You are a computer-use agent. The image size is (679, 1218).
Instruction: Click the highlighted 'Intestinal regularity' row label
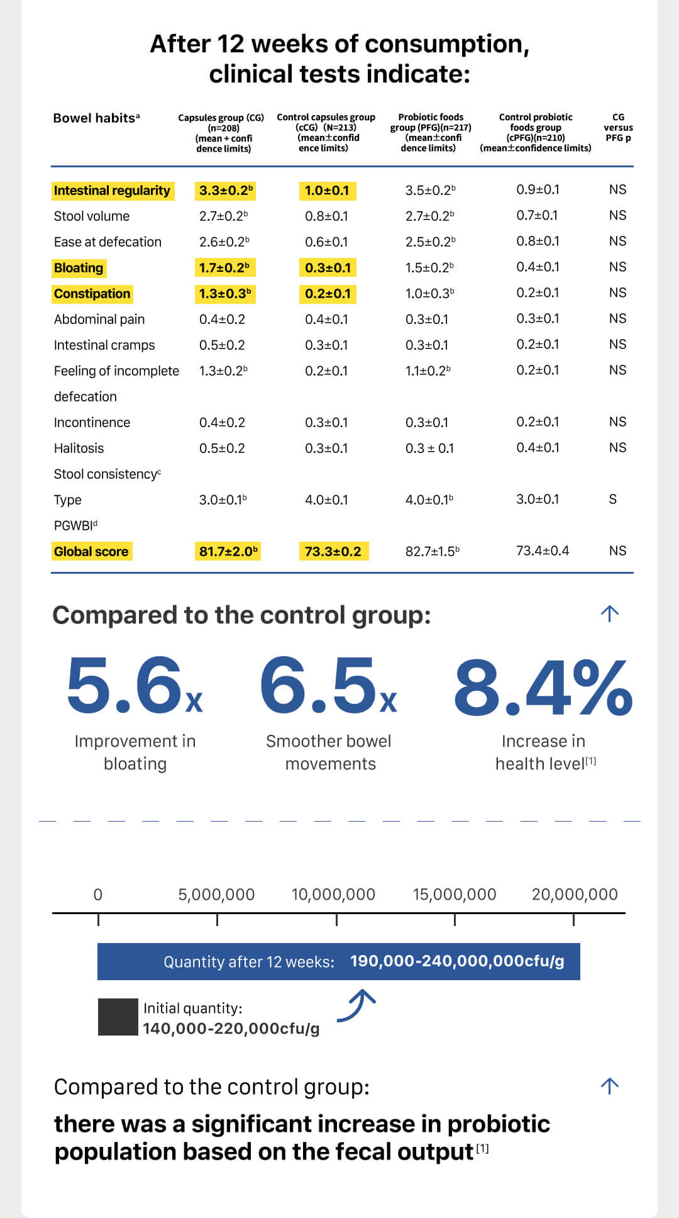112,191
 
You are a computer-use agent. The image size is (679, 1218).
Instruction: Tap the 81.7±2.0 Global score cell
228,552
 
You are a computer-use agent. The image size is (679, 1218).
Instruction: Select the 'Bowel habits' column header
96,118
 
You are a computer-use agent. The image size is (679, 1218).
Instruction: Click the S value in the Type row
612,500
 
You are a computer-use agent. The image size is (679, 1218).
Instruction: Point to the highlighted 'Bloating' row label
79,268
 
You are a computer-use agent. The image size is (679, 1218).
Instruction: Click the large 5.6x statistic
134,686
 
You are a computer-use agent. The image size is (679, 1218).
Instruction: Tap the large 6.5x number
328,686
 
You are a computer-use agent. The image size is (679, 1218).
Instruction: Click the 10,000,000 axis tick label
333,894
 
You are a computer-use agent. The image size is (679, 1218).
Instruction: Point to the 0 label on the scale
97,894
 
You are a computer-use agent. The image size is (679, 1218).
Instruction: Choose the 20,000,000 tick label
574,894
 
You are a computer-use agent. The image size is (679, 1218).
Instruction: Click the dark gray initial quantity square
118,1017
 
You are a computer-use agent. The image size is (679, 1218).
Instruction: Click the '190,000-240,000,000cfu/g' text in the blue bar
457,961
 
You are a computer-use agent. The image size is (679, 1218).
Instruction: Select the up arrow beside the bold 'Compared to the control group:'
609,613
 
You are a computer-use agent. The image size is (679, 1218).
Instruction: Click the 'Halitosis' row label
79,449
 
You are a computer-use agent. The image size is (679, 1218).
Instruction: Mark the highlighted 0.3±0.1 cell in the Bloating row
328,268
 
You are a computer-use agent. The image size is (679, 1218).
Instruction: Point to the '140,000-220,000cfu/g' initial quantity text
231,1029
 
